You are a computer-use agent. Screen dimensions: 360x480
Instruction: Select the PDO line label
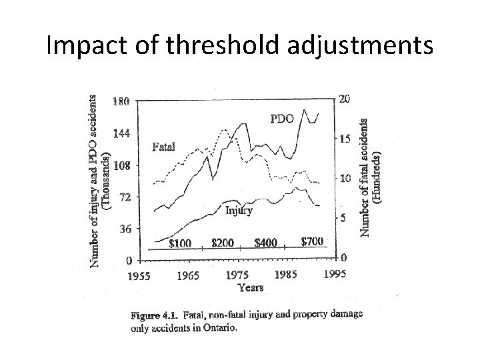282,120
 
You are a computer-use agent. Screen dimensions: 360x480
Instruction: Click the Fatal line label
163,147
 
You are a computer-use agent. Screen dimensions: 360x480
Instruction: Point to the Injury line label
239,211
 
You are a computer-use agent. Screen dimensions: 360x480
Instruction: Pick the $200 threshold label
222,243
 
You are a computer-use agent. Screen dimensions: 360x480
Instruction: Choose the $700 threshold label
313,241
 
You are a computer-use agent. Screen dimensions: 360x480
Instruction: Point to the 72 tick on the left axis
123,197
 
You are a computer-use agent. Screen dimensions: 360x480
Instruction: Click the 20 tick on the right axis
344,99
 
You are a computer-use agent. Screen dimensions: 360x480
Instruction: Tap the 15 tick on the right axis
344,139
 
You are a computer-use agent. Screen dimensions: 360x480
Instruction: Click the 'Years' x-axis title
250,288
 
